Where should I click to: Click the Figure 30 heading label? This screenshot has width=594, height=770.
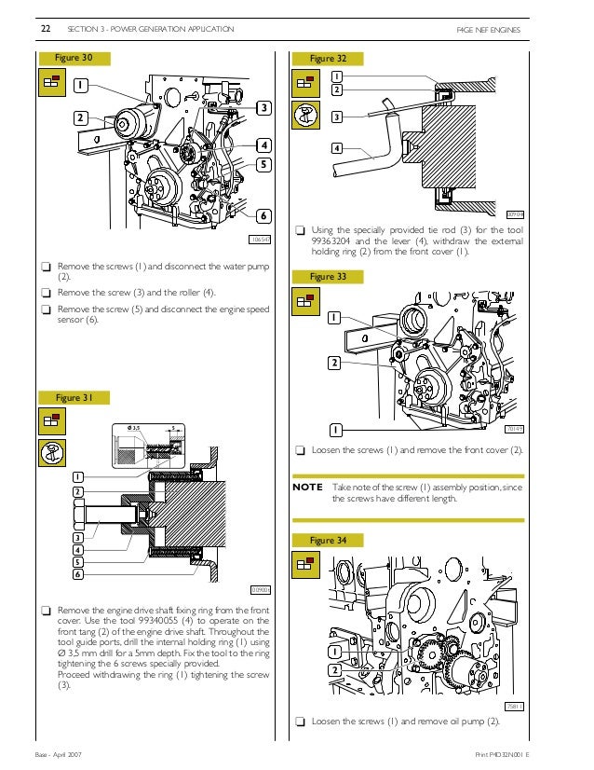[x=76, y=58]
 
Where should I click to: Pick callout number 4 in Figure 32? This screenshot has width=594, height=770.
[x=335, y=148]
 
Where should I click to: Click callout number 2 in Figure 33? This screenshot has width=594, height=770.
[x=332, y=362]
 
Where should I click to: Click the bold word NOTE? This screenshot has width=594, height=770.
[x=307, y=487]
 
